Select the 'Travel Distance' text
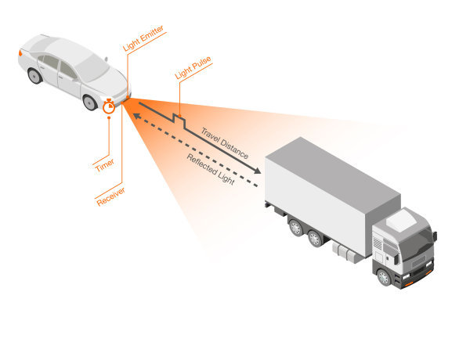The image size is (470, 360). tap(225, 143)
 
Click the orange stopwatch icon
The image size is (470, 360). tap(109, 106)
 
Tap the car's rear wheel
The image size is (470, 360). tap(34, 76)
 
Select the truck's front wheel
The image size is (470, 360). tap(384, 276)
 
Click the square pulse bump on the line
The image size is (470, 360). tap(179, 121)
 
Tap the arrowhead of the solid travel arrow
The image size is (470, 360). tap(258, 172)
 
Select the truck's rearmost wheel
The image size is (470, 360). tap(296, 228)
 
